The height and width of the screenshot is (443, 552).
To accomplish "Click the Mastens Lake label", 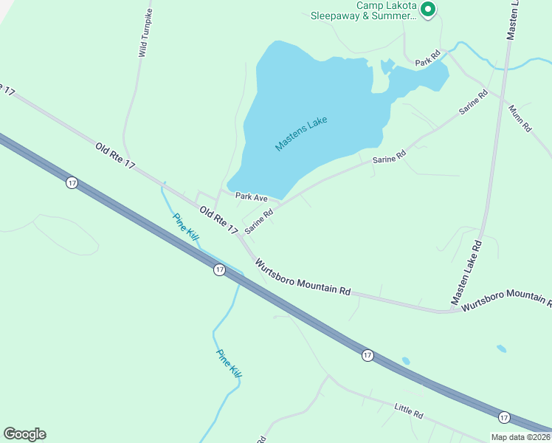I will click(300, 134).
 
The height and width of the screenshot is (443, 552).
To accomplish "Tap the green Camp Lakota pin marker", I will click(428, 9).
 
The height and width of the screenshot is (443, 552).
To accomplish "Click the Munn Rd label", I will click(520, 118).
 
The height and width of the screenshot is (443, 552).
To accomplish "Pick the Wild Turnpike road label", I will click(146, 34).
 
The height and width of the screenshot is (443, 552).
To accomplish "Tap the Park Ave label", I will click(251, 197).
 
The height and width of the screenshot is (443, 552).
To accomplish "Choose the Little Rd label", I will click(408, 411).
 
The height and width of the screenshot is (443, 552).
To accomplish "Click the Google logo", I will click(24, 434).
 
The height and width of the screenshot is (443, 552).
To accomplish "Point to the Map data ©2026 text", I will click(520, 437).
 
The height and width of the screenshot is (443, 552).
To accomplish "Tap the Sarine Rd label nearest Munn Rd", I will click(473, 102).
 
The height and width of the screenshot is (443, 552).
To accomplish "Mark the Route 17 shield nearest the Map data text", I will click(504, 417).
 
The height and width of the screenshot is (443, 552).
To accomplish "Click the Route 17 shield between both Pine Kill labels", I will click(219, 270).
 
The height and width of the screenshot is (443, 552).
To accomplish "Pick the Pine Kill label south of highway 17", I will click(229, 363).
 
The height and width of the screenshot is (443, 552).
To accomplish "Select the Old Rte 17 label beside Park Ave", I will click(218, 221).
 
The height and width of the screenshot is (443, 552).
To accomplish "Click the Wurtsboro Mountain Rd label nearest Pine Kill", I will click(303, 277).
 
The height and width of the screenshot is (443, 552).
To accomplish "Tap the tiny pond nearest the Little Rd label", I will click(406, 361).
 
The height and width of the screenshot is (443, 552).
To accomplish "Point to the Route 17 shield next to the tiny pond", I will click(368, 356).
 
